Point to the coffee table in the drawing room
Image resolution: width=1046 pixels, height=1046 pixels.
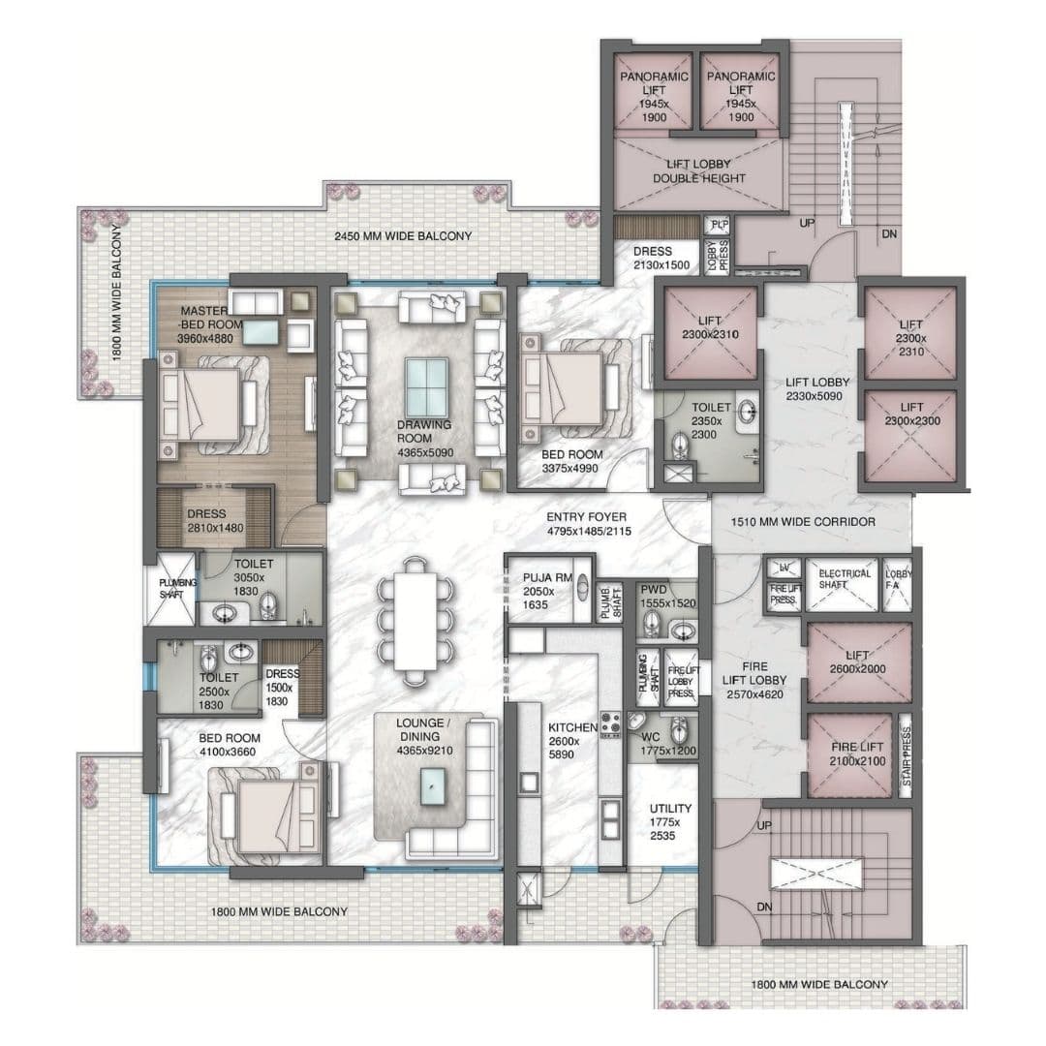[x=426, y=387]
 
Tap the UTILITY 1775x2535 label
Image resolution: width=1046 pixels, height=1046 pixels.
[x=670, y=821]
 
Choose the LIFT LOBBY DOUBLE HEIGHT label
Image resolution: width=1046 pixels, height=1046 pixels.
[x=698, y=171]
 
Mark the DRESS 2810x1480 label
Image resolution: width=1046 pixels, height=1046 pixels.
[x=207, y=521]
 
